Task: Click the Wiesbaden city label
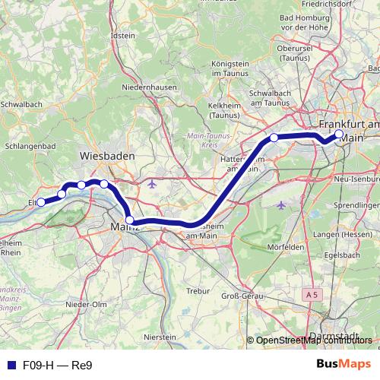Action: point(107,155)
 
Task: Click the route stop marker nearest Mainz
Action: point(130,220)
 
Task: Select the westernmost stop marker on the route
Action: point(41,202)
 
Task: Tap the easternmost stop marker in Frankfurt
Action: point(339,134)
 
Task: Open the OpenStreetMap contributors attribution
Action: point(315,340)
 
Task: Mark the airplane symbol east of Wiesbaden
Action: point(152,184)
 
